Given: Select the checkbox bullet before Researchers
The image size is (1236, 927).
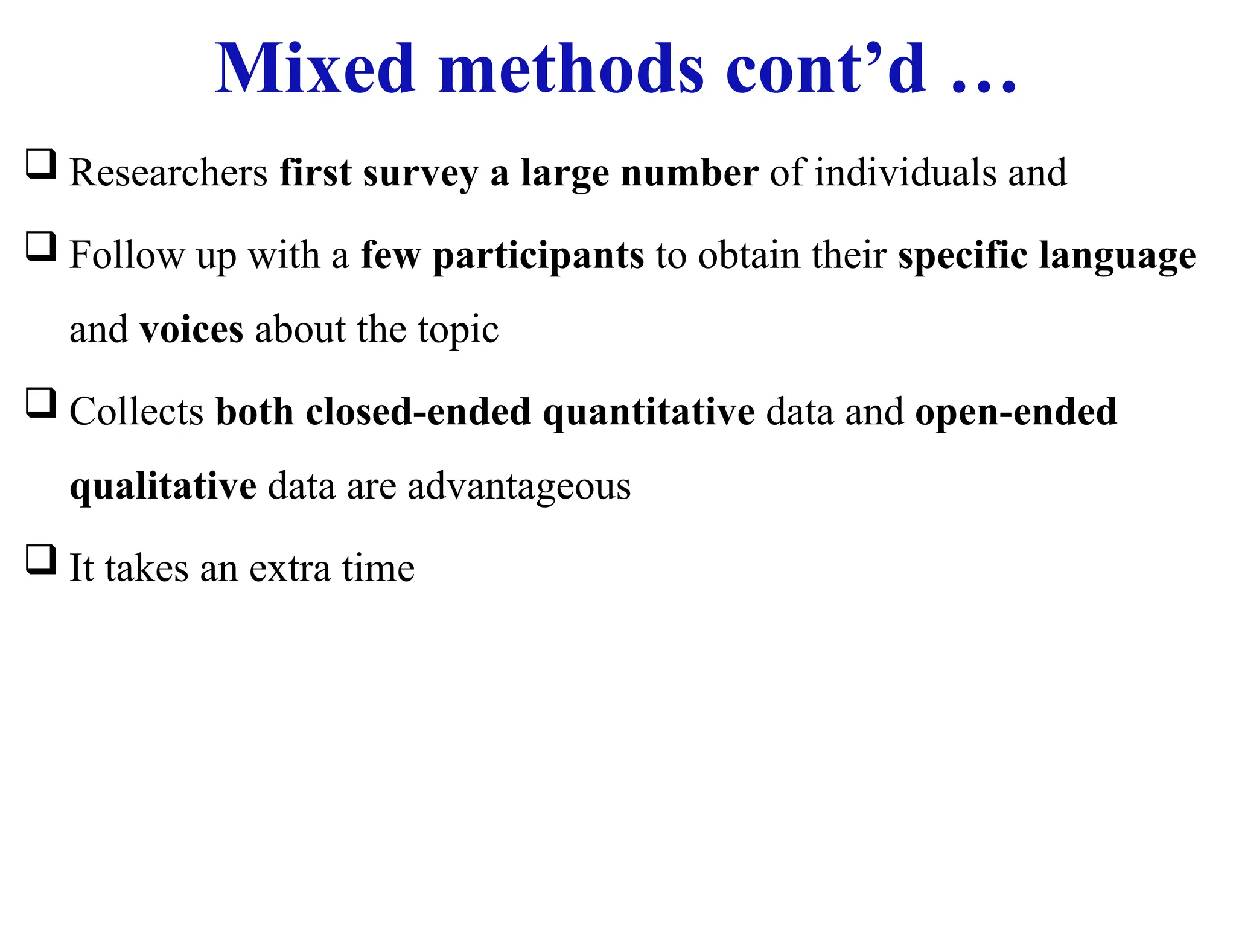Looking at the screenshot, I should (x=41, y=164).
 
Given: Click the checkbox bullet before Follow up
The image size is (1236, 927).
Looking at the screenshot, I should (x=41, y=247).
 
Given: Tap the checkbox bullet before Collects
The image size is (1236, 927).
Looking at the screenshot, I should (x=41, y=403).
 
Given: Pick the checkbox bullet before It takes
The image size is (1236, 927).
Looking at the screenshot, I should (x=41, y=559).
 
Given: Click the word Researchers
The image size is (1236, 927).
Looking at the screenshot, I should (x=168, y=173).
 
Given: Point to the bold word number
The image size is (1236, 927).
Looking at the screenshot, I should (x=689, y=173).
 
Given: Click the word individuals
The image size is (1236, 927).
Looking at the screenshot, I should (x=905, y=173).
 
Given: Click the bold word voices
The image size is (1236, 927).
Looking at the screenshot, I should (x=191, y=330).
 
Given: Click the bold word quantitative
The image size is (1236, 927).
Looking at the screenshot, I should (x=648, y=413).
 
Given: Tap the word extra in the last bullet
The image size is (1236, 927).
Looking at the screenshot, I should (x=289, y=569).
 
